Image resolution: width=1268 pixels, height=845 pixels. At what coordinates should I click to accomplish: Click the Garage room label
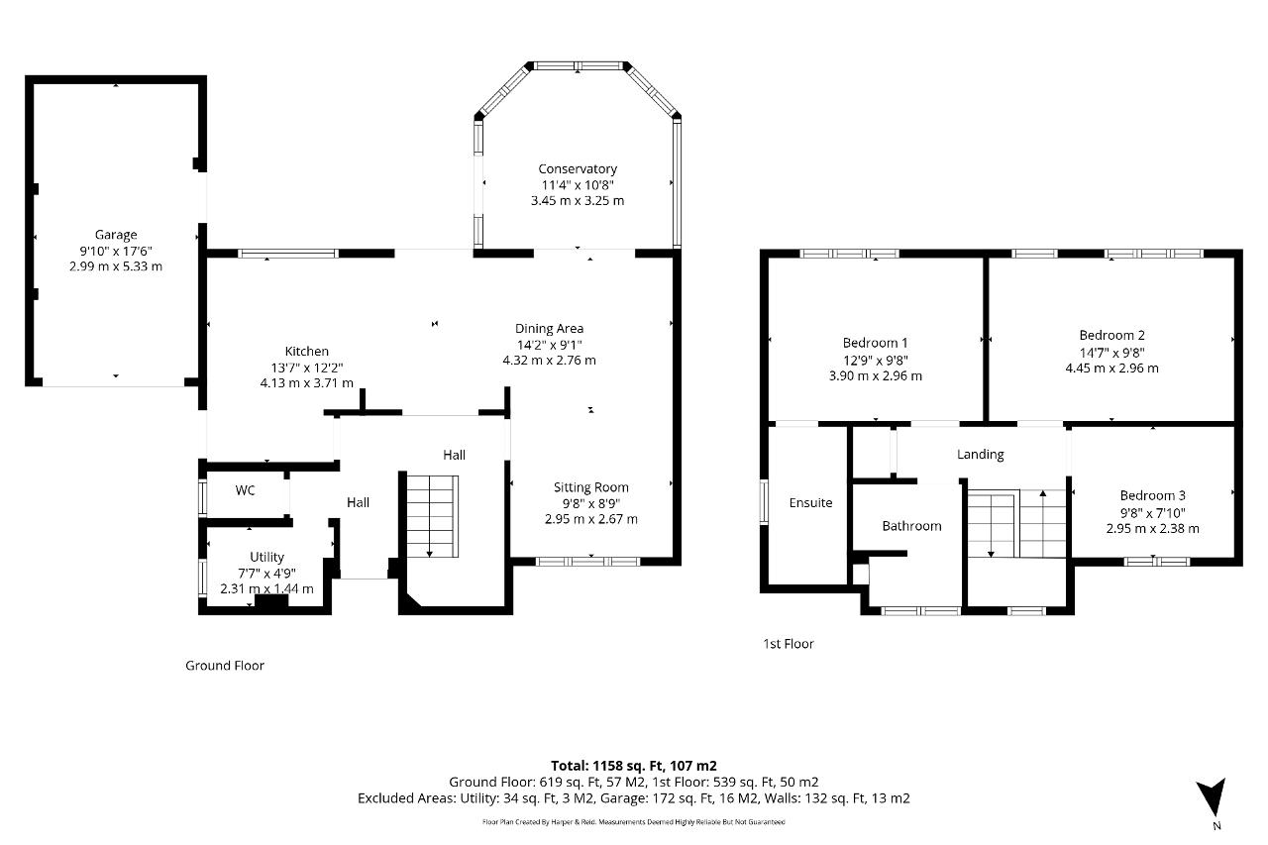[x=116, y=235]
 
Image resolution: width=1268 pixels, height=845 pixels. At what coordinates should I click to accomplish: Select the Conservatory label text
[x=578, y=169]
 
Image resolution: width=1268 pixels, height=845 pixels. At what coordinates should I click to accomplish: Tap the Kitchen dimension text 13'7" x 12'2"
[x=307, y=368]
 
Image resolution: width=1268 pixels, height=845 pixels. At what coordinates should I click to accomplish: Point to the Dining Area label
[x=549, y=329]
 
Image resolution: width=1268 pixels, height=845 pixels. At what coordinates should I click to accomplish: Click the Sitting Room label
[x=590, y=487]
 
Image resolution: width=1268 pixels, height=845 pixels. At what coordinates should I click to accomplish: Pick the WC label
[x=246, y=490]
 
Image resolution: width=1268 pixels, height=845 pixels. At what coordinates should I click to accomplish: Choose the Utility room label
[x=266, y=558]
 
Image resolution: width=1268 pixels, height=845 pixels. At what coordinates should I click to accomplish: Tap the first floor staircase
[x=1016, y=524]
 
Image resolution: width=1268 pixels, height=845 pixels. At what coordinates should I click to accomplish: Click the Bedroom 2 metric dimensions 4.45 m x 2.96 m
[x=1111, y=369]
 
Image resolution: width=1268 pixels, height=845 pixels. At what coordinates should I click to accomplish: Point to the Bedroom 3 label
[x=1152, y=496]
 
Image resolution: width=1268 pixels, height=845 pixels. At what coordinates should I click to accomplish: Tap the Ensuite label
[x=810, y=503]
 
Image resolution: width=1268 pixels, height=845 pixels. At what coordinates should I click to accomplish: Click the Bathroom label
[x=911, y=526]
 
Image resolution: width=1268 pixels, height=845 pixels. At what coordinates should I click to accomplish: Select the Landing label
[x=980, y=455]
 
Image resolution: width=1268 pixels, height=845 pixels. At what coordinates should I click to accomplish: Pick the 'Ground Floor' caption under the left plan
[x=225, y=666]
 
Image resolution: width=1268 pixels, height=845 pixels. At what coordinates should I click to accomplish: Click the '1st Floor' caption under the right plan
[x=788, y=644]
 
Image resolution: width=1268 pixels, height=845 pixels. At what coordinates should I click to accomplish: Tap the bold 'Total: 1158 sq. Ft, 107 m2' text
[x=633, y=766]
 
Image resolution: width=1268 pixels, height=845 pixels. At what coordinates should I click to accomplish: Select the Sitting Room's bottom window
[x=587, y=562]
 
